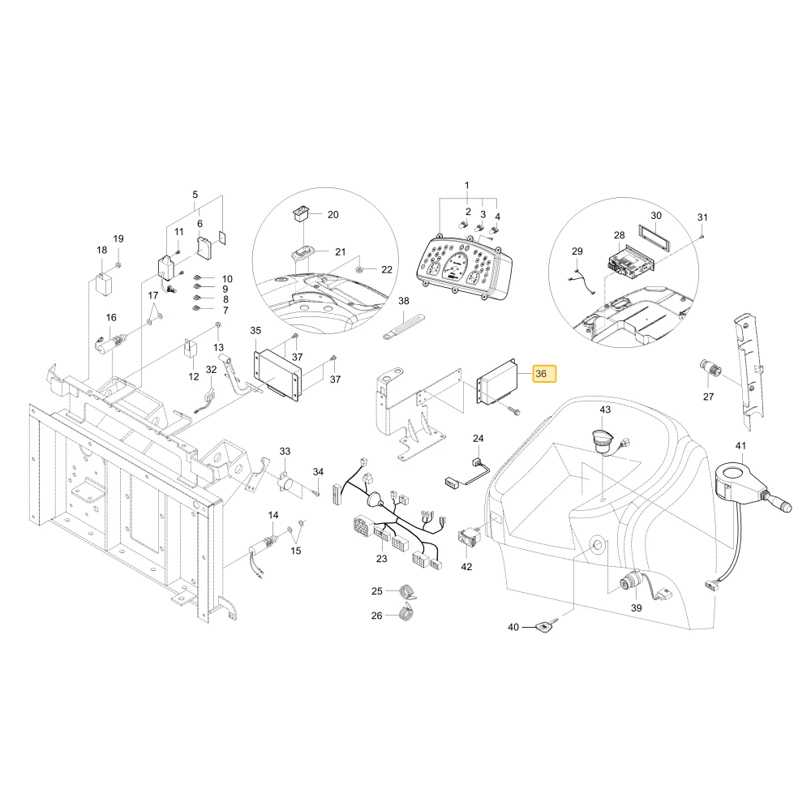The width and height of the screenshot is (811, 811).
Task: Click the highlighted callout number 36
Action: (540, 373)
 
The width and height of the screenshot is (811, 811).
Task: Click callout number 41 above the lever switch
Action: (740, 446)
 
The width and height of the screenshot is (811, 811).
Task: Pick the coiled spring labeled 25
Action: (407, 592)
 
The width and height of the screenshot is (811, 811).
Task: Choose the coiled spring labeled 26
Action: (407, 613)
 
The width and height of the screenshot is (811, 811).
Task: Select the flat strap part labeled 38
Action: (403, 326)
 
